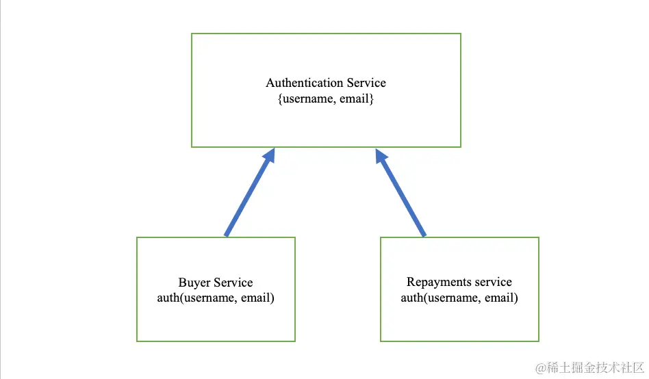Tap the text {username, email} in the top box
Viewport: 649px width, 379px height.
[x=325, y=99]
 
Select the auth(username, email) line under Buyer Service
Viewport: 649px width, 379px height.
[x=216, y=298]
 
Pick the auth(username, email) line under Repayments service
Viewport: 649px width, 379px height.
[x=459, y=298]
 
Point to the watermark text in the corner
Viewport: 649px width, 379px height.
[x=590, y=368]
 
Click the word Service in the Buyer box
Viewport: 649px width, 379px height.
[x=233, y=283]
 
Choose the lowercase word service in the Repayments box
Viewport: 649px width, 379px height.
[x=492, y=282]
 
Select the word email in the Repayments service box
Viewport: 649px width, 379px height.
[x=500, y=298]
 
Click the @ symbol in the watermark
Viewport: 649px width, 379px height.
[x=541, y=368]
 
